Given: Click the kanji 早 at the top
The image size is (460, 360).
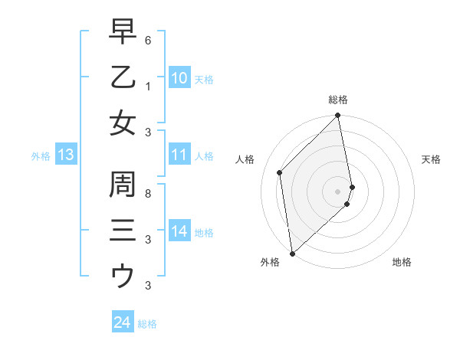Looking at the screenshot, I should point(123,33).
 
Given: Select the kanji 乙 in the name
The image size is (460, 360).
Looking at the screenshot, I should point(123,77).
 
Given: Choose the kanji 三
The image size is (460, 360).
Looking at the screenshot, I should point(123,231).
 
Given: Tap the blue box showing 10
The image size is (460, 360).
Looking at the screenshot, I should point(179,78).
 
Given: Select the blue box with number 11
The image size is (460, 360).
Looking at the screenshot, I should point(179,155).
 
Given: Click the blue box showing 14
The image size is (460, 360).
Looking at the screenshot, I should point(179,231).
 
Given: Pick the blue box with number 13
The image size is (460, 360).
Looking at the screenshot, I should point(66,155).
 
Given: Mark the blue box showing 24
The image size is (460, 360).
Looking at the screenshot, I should point(122,322).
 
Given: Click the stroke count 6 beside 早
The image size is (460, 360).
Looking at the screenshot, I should point(147,39).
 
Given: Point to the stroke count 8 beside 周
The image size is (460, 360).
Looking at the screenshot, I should point(147,193).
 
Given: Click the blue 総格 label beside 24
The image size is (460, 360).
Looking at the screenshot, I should point(147,324).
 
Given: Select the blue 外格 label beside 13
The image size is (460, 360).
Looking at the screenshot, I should point(41,156).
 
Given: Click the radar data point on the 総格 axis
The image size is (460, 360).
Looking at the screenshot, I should point(338,116).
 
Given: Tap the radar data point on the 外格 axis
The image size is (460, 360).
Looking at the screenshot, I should point(292,253).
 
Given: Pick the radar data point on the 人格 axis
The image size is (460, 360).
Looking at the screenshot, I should point(280,172).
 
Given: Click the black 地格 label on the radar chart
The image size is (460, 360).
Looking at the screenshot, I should point(402,262).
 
